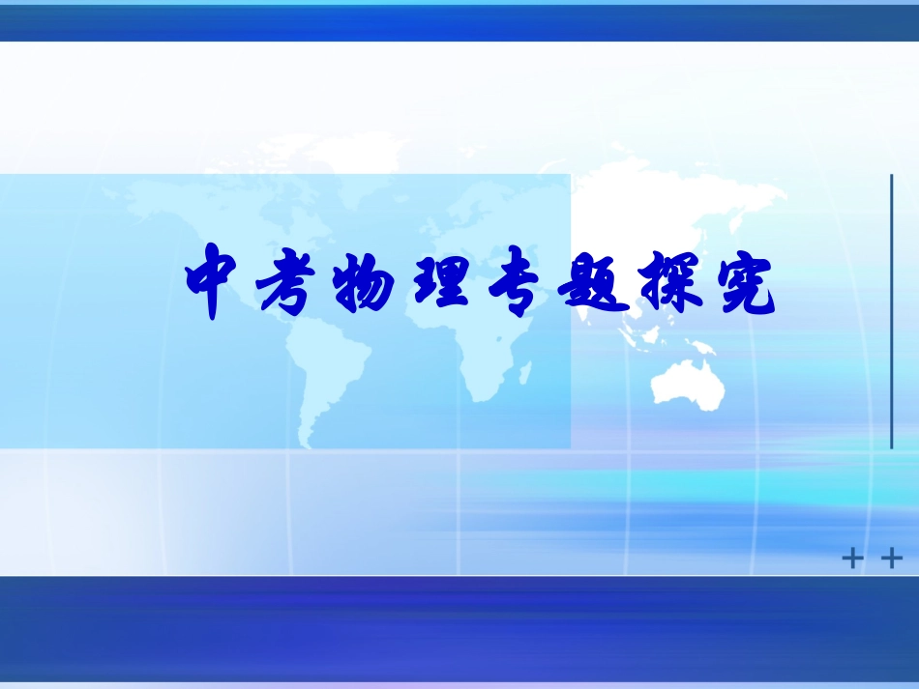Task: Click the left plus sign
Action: click(x=852, y=560)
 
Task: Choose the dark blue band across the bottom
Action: click(x=459, y=628)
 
